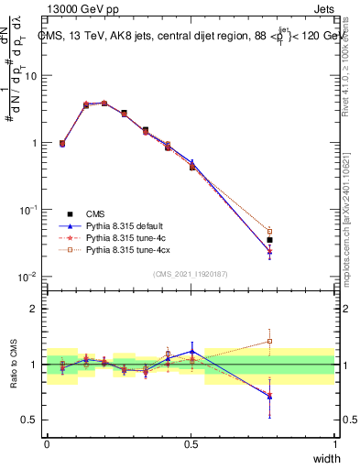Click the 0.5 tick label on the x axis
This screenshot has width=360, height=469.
(191, 444)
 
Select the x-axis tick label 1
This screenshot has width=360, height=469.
(335, 444)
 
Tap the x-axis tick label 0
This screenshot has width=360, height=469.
(47, 444)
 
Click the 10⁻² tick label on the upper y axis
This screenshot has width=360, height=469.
(27, 277)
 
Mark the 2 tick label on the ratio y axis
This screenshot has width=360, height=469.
(35, 309)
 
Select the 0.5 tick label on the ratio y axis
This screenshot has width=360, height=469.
(30, 420)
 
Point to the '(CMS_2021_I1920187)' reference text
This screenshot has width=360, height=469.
(191, 273)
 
